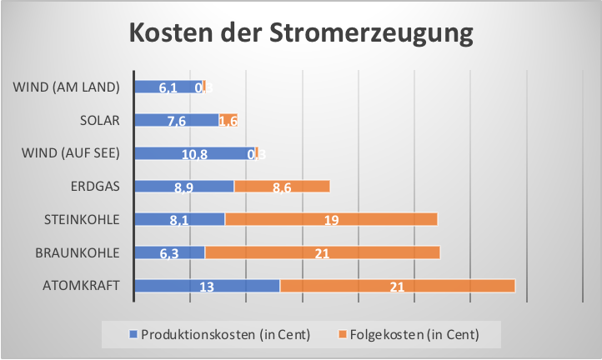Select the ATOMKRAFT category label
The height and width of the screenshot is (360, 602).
(82, 286)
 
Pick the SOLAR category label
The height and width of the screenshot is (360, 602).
(100, 120)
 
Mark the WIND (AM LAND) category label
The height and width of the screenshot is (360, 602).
(68, 87)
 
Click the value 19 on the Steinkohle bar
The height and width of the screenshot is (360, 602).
(331, 220)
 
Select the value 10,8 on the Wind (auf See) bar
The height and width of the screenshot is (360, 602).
(194, 154)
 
